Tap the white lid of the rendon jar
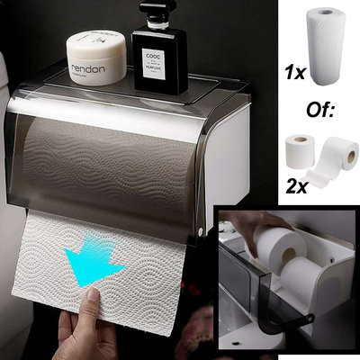[x=96, y=44]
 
